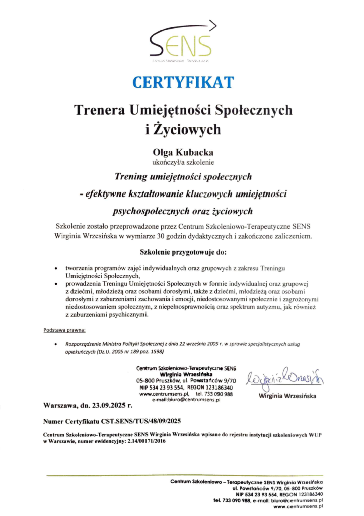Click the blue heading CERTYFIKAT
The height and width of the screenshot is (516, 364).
(x=182, y=81)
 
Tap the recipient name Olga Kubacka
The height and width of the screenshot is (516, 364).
(x=182, y=152)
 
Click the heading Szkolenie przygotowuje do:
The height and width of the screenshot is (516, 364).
(x=182, y=251)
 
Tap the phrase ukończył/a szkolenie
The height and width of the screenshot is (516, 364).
(x=182, y=162)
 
